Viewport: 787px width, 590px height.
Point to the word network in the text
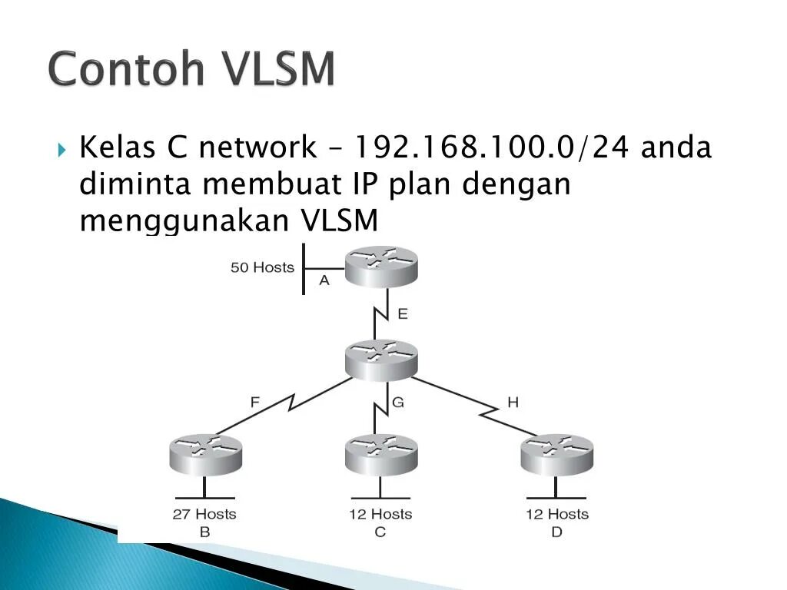click(257, 147)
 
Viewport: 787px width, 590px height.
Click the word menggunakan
click(184, 220)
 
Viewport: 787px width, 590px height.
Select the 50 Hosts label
click(262, 267)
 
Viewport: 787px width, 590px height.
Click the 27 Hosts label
click(204, 514)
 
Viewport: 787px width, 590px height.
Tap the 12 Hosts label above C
click(380, 514)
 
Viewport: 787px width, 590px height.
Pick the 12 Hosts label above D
click(557, 514)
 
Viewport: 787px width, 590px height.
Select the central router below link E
click(380, 359)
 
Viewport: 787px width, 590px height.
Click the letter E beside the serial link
click(402, 313)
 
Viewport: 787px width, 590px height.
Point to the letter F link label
click(255, 401)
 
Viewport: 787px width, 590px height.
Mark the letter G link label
click(397, 402)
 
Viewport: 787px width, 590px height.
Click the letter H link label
click(513, 402)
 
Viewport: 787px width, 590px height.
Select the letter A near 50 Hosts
click(324, 281)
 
